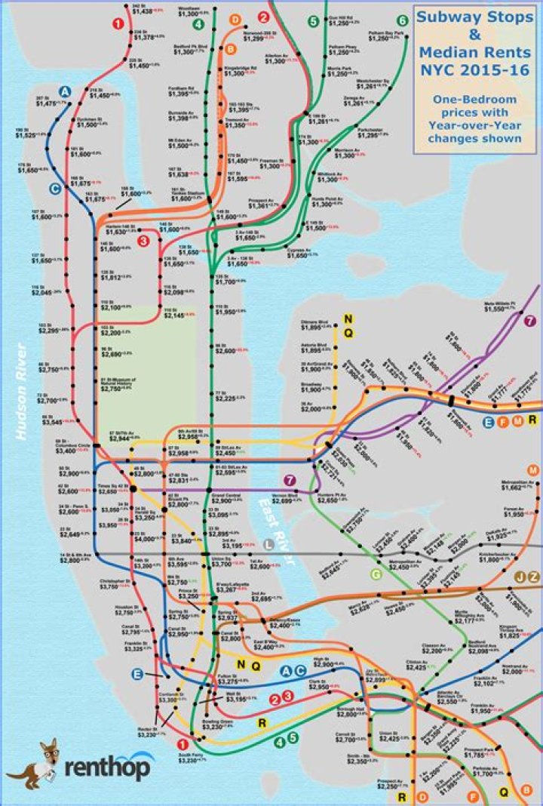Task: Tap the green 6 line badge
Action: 402,20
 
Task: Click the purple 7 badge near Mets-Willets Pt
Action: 530,321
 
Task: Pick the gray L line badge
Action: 269,545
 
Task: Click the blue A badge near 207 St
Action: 66,91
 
